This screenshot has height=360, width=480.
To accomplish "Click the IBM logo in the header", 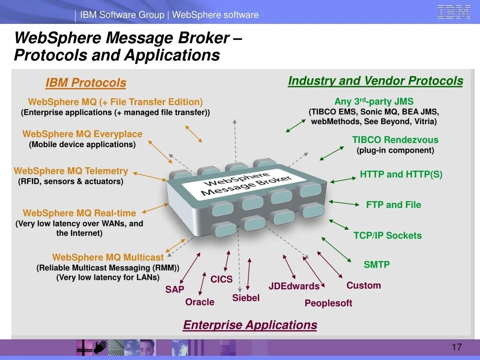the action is pyautogui.click(x=454, y=12).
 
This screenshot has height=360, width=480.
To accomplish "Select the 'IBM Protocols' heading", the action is pyautogui.click(x=86, y=83).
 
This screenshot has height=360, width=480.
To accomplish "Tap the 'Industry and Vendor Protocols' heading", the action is pyautogui.click(x=375, y=81).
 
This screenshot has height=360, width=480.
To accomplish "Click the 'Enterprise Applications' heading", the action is pyautogui.click(x=250, y=325).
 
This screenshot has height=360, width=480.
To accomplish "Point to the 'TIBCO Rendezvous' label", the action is pyautogui.click(x=395, y=140).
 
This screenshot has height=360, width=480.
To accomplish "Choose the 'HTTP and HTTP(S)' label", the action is pyautogui.click(x=401, y=174).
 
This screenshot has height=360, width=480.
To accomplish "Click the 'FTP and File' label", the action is pyautogui.click(x=393, y=205).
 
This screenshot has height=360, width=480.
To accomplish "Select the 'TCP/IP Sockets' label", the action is pyautogui.click(x=387, y=236).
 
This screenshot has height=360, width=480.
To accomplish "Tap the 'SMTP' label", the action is pyautogui.click(x=376, y=264).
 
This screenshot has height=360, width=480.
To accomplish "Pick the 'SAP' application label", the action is pyautogui.click(x=174, y=289).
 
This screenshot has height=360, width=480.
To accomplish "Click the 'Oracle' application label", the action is pyautogui.click(x=200, y=302).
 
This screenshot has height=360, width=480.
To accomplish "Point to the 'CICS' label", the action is pyautogui.click(x=221, y=279).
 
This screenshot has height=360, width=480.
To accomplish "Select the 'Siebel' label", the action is pyautogui.click(x=246, y=298).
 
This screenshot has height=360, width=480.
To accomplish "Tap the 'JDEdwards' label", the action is pyautogui.click(x=294, y=286).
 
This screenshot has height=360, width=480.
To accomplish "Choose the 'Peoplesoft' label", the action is pyautogui.click(x=328, y=303).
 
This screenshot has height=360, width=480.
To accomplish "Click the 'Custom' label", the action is pyautogui.click(x=363, y=285).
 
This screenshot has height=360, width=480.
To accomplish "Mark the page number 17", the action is pyautogui.click(x=457, y=347).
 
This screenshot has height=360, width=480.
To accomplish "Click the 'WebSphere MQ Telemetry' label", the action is pyautogui.click(x=71, y=171).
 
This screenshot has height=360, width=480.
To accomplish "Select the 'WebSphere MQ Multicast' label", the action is pyautogui.click(x=108, y=257).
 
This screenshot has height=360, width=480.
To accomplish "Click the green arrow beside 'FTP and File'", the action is pyautogui.click(x=344, y=203).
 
